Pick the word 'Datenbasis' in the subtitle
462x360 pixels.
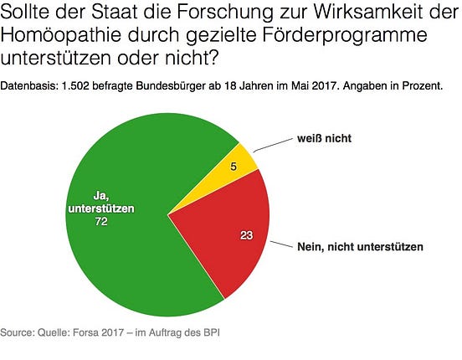(x=28, y=86)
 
